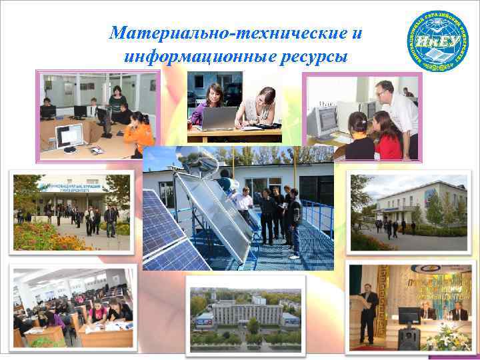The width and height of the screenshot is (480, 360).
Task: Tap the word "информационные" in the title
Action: coord(194,56)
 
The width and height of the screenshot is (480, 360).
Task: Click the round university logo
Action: coord(437,39)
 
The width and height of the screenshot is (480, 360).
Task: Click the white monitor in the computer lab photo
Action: coord(70,137)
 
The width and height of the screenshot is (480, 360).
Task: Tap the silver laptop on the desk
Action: coord(220,118)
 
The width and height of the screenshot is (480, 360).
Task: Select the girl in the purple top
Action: coord(206,103)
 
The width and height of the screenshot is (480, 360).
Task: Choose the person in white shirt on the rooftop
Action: coord(245,204)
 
